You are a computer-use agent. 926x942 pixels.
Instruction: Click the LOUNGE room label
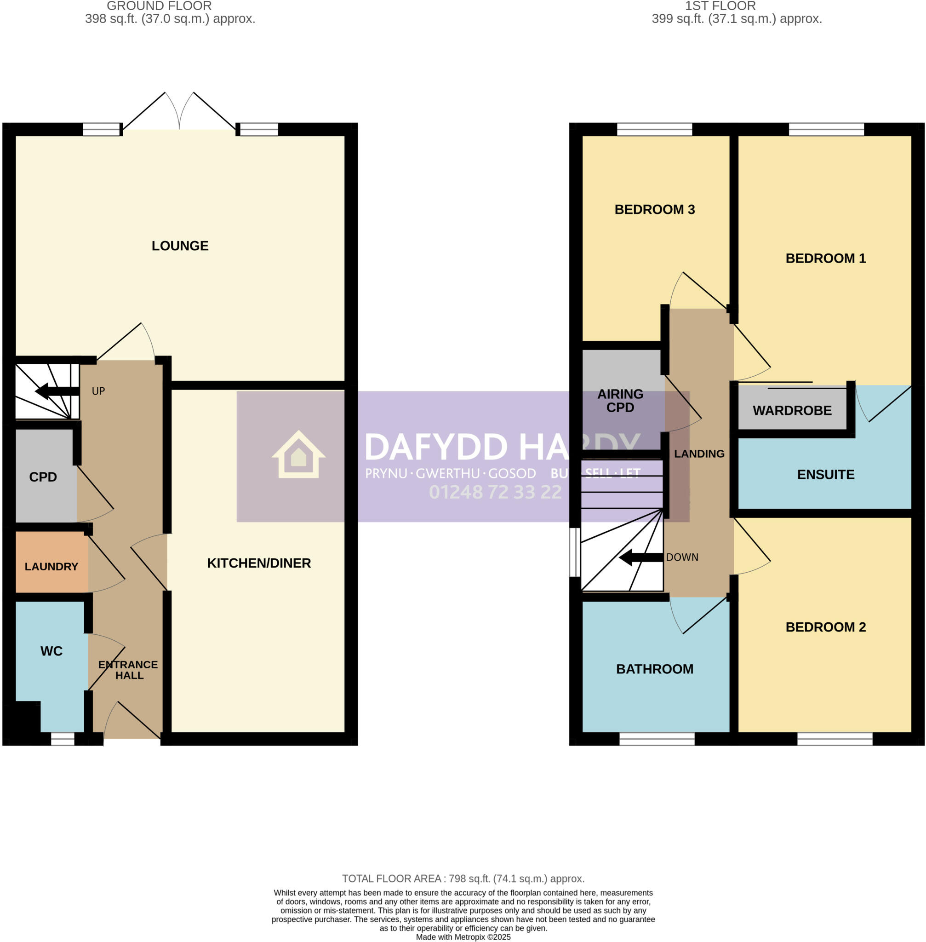pyautogui.click(x=180, y=246)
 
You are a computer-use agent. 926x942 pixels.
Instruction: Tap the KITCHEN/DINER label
pyautogui.click(x=259, y=563)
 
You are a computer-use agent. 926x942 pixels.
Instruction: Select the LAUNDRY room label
pyautogui.click(x=51, y=566)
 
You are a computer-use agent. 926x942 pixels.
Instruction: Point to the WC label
pyautogui.click(x=51, y=651)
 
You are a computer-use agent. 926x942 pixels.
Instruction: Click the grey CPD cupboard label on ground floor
pyautogui.click(x=43, y=477)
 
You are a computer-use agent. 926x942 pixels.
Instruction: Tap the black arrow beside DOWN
pyautogui.click(x=640, y=557)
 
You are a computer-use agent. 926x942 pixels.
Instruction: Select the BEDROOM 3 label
pyautogui.click(x=655, y=209)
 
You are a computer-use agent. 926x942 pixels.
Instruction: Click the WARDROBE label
pyautogui.click(x=792, y=410)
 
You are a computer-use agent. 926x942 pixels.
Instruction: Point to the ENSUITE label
pyautogui.click(x=825, y=474)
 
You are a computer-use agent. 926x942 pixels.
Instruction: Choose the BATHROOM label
pyautogui.click(x=655, y=669)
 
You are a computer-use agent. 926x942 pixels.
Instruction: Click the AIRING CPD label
pyautogui.click(x=620, y=401)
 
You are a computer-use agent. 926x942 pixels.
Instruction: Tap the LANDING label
pyautogui.click(x=699, y=454)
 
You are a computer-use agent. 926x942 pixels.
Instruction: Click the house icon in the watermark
pyautogui.click(x=298, y=455)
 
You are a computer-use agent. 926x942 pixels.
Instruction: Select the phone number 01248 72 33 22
pyautogui.click(x=495, y=492)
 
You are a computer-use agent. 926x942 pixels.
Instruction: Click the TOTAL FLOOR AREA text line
pyautogui.click(x=463, y=878)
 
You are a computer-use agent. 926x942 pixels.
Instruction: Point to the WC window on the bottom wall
pyautogui.click(x=63, y=739)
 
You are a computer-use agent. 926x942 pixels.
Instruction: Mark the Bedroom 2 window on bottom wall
pyautogui.click(x=835, y=739)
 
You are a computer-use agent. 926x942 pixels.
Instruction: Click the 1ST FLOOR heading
pyautogui.click(x=720, y=6)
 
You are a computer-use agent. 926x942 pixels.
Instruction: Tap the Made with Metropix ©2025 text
pyautogui.click(x=463, y=936)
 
